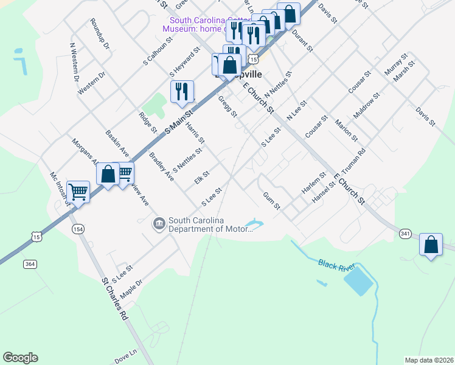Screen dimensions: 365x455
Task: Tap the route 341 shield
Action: click(x=406, y=233)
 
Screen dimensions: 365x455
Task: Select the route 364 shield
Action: click(x=30, y=263)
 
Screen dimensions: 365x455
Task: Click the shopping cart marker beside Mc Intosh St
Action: click(x=78, y=192)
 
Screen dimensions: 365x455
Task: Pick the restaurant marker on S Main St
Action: click(x=182, y=92)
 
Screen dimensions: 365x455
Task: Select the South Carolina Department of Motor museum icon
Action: click(x=159, y=224)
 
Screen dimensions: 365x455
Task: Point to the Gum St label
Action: click(x=271, y=201)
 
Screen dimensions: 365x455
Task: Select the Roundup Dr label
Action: click(x=99, y=34)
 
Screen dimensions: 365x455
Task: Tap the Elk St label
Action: click(x=201, y=178)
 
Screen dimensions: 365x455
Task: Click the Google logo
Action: click(x=20, y=358)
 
